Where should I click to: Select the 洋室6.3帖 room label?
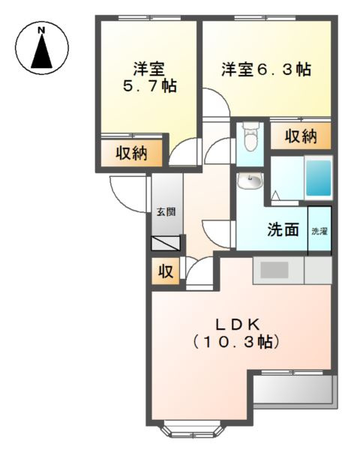click(265, 70)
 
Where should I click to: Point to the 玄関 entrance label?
click(166, 212)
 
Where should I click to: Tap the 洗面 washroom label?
click(283, 230)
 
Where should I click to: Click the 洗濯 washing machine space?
click(319, 230)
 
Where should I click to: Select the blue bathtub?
click(317, 178)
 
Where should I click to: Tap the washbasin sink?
click(250, 181)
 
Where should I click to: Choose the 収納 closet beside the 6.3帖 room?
click(300, 136)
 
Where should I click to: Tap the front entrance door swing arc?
click(127, 193)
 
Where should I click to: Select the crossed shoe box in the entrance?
click(166, 243)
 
